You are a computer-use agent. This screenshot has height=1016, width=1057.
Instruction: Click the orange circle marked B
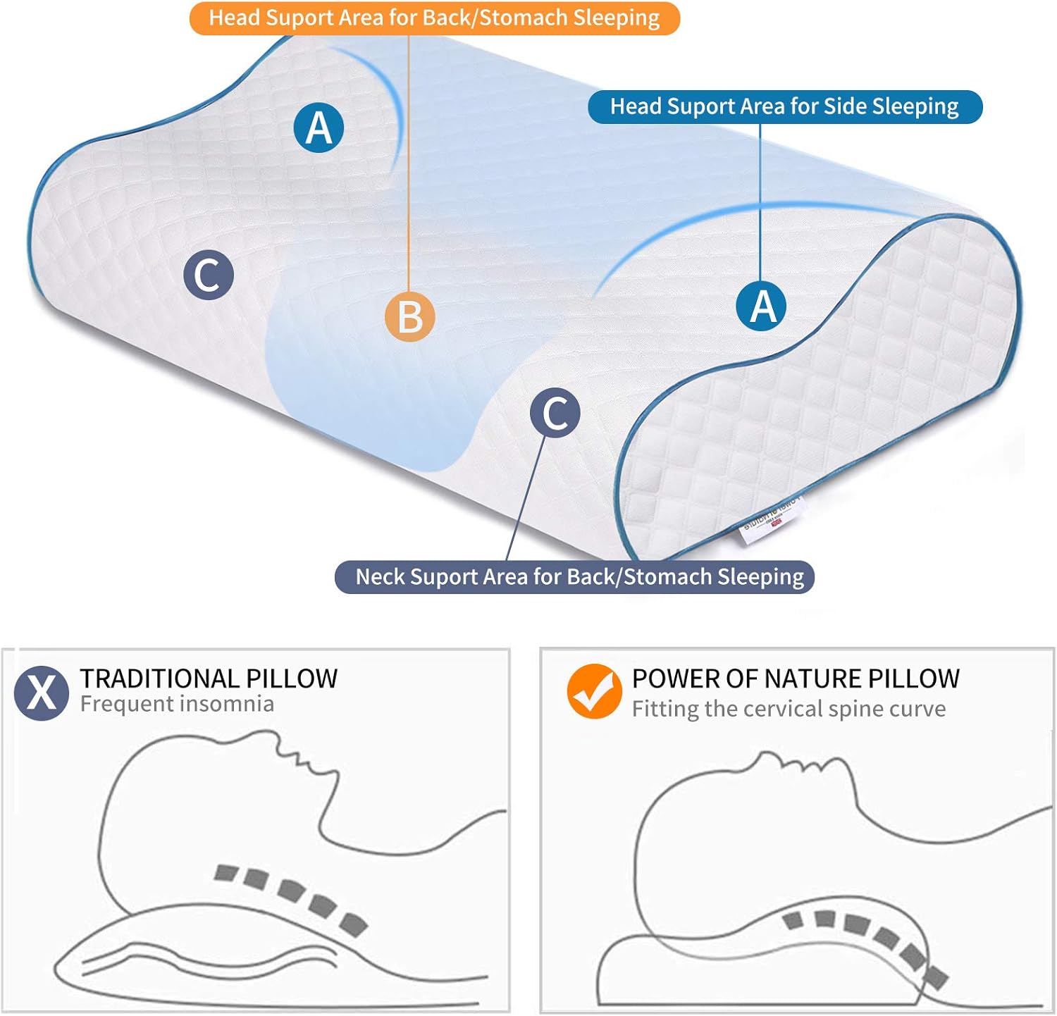(409, 317)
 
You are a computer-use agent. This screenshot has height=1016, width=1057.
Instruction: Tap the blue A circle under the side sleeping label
(762, 306)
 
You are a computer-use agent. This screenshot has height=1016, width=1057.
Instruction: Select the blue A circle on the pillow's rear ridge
(319, 128)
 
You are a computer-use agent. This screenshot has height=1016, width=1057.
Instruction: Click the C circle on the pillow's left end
(209, 275)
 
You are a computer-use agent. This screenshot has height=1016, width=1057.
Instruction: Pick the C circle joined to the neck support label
(555, 412)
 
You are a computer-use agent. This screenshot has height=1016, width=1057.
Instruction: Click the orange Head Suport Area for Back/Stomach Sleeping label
(434, 18)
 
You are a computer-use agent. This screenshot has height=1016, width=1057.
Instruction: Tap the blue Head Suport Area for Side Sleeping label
(784, 106)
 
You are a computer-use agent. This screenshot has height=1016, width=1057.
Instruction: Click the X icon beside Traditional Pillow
(42, 693)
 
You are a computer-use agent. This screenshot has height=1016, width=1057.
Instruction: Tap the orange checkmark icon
(594, 691)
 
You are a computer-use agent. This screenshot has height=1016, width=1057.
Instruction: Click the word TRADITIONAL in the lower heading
(149, 679)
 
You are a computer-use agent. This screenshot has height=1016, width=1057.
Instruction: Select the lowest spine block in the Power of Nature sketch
(936, 977)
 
